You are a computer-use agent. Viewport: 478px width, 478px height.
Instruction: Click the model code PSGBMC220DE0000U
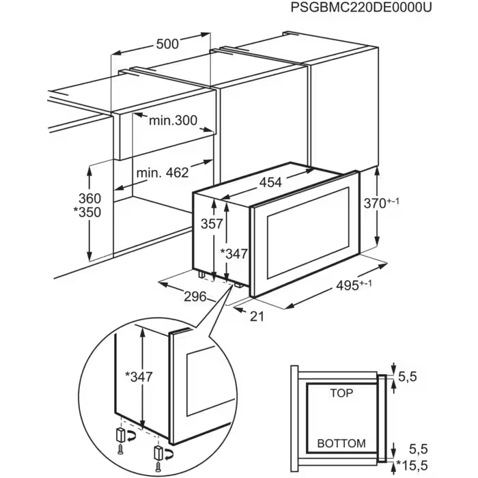coord(361,8)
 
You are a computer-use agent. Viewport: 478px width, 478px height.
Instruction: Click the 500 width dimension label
coord(167,44)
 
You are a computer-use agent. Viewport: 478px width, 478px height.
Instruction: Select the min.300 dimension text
coord(173,121)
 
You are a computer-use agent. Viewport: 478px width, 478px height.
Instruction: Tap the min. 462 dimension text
coord(162,173)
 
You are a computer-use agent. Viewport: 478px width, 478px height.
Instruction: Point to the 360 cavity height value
coord(89,199)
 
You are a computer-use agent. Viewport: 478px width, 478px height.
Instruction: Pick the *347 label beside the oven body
coord(234,254)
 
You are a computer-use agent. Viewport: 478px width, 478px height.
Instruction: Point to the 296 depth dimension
coord(195,296)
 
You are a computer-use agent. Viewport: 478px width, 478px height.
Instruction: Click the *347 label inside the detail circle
coord(139,376)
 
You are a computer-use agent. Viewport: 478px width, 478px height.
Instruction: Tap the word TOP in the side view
coord(341,393)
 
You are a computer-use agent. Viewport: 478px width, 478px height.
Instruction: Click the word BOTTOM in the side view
coord(341,443)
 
